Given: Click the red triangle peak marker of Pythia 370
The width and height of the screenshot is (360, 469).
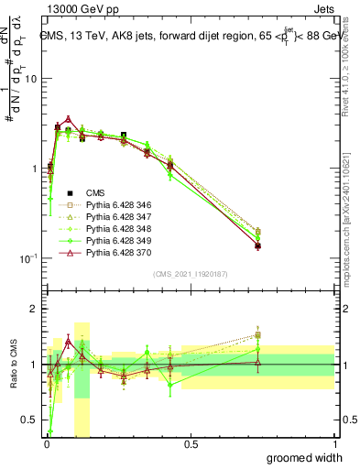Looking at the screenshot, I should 69,119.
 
